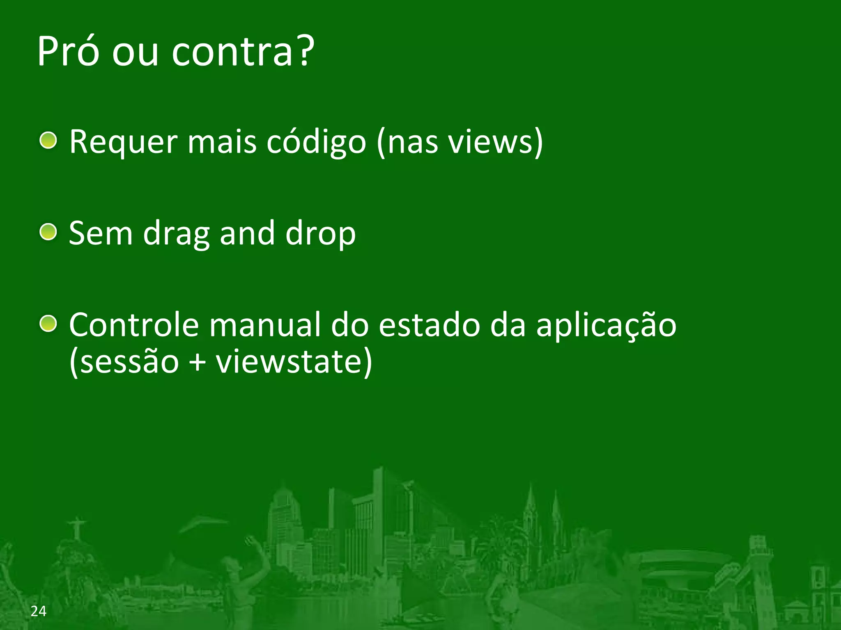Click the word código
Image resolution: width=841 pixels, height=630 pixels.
(316, 142)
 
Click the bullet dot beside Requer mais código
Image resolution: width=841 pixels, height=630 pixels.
(48, 140)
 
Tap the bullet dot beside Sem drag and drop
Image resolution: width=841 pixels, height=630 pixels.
(48, 232)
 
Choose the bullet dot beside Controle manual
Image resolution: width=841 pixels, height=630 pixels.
(48, 324)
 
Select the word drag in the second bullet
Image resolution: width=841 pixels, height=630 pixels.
(176, 233)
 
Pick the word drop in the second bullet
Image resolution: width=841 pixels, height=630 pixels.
(320, 233)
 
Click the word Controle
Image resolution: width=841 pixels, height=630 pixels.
(134, 325)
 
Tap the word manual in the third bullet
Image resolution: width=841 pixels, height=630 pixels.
(264, 325)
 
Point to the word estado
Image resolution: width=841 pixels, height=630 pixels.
(429, 325)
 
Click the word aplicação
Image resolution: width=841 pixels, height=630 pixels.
(606, 325)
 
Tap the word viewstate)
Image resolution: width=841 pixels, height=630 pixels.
(294, 362)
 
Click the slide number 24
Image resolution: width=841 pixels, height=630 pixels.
(39, 611)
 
